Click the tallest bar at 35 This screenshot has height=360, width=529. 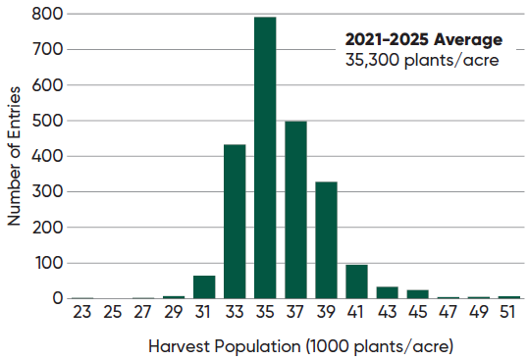point(265,157)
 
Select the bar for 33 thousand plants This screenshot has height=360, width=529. point(235,222)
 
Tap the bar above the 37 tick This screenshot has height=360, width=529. point(295,210)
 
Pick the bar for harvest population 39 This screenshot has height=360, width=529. point(326,240)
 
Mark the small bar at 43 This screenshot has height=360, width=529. point(387,292)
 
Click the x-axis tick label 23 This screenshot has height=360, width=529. point(81,315)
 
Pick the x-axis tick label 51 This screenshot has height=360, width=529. point(509,315)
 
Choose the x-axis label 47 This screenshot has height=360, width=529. point(449,315)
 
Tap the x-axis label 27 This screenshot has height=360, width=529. point(142,315)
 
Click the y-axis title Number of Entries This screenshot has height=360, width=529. point(15,157)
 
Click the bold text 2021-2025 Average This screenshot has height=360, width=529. point(423,39)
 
